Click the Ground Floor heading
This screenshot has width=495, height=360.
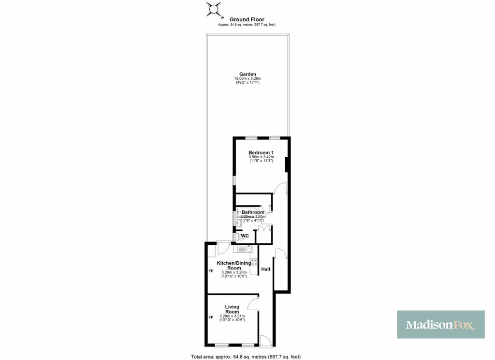point(247,19)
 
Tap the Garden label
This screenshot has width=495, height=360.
point(247,75)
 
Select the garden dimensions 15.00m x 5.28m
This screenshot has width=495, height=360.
point(247,78)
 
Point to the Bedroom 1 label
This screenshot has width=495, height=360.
point(261,152)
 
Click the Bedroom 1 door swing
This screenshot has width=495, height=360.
point(280,188)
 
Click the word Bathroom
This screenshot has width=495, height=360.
point(253,212)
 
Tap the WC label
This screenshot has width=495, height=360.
point(245,236)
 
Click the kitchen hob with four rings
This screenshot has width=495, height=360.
point(254,263)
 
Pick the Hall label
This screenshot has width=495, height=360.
point(265,270)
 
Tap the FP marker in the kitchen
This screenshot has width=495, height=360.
point(211,271)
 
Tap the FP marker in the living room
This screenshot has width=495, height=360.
point(211,317)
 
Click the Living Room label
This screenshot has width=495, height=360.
point(232,309)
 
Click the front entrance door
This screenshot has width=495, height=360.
point(265,341)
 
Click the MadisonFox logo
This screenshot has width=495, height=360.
point(441,325)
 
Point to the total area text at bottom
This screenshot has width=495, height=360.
point(246,357)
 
